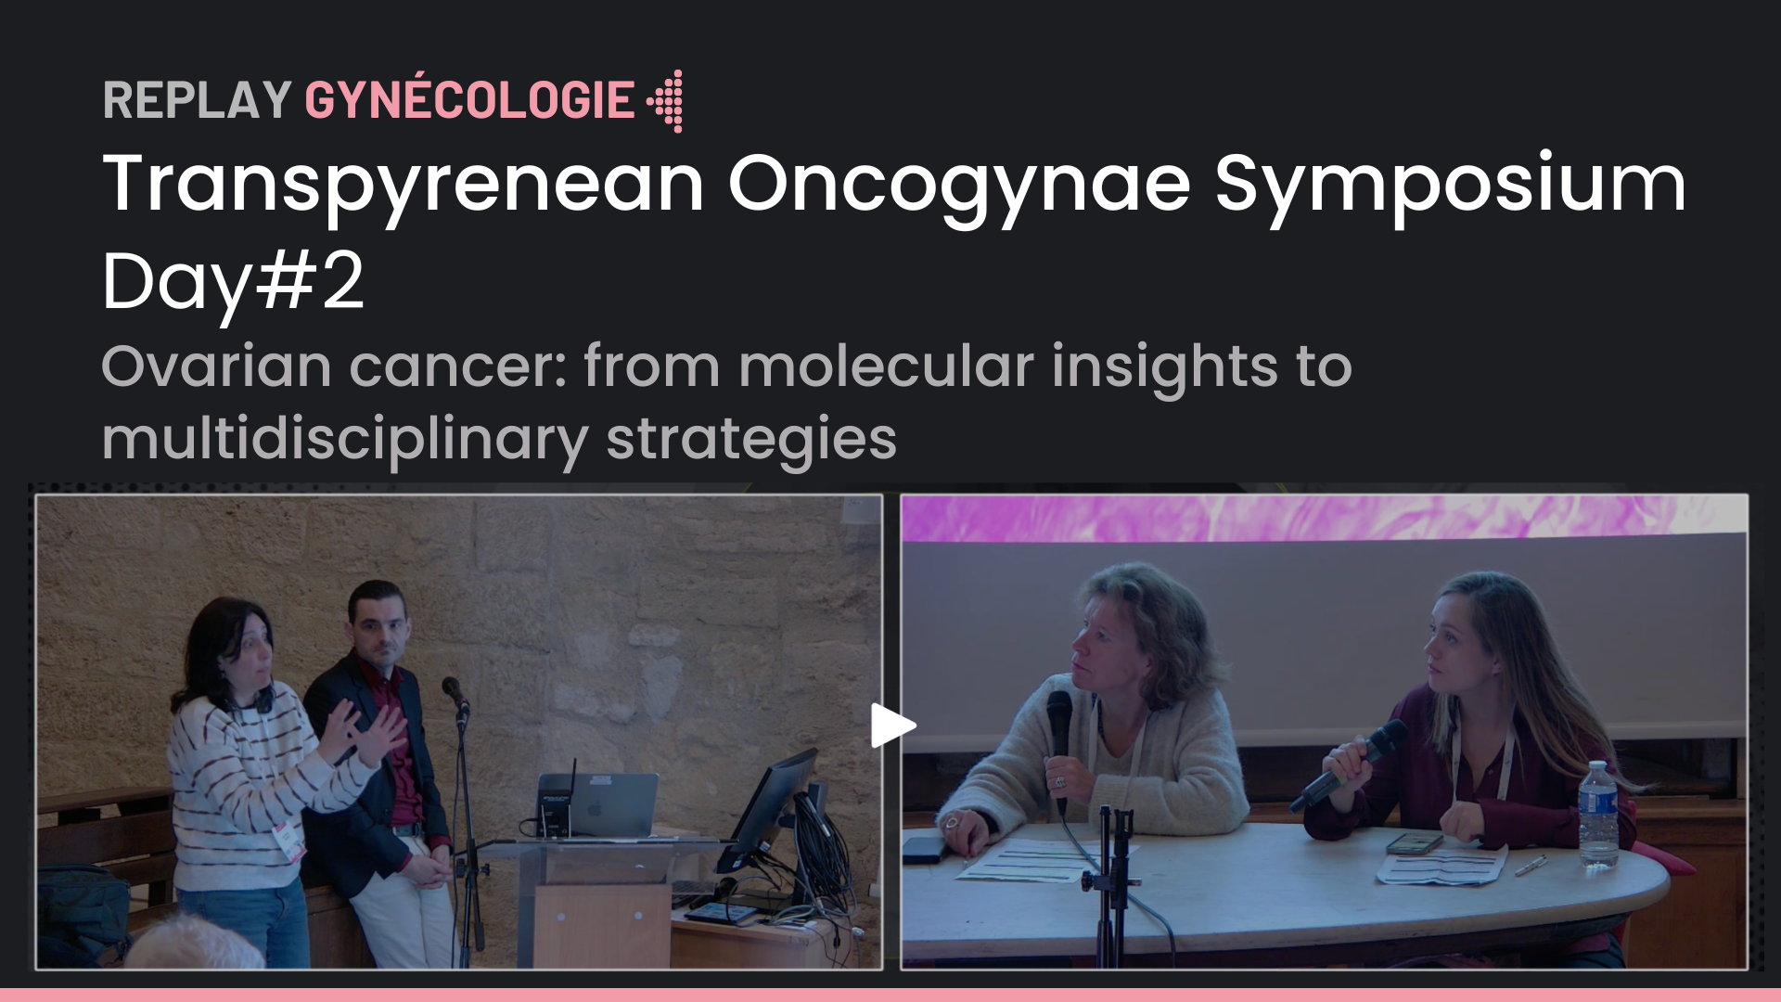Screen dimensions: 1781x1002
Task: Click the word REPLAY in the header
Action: pos(198,100)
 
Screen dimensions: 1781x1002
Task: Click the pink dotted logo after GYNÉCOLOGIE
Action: pos(666,100)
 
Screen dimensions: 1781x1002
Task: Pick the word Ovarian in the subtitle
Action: pos(217,366)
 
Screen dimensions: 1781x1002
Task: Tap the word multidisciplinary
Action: pos(345,440)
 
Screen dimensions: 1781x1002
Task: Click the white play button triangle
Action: pos(892,726)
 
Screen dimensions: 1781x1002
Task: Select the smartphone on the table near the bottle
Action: pos(1415,843)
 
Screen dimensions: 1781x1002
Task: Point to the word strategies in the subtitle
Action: pos(752,440)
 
